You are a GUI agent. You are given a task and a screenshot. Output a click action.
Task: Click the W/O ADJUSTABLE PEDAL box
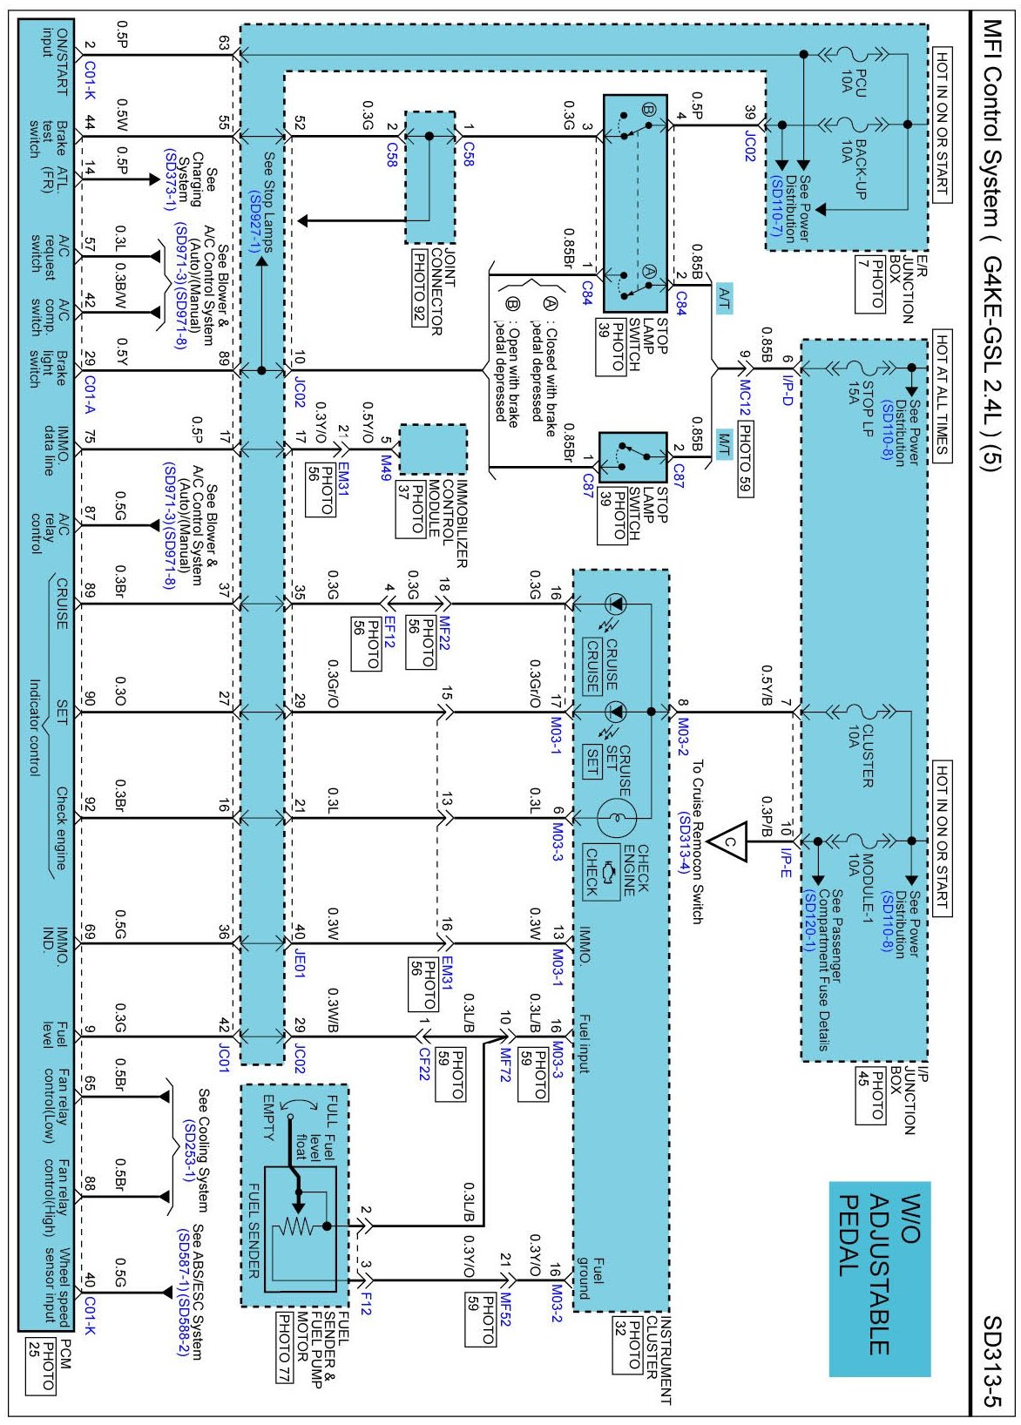(878, 1278)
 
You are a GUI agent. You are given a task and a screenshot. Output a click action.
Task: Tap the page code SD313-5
(993, 1360)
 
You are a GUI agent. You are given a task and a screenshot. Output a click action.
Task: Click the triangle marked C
(732, 841)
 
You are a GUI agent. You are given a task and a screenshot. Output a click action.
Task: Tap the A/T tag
(724, 299)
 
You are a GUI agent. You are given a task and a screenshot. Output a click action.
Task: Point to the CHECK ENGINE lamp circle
(617, 817)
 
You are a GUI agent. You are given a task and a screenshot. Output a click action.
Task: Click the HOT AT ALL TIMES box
(942, 393)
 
